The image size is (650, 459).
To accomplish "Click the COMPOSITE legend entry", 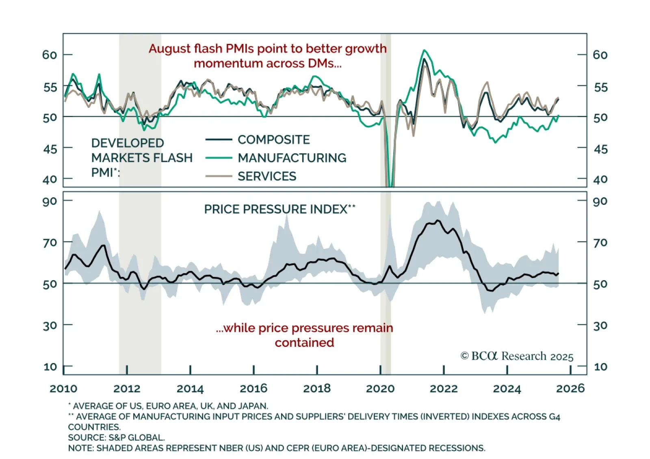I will (273, 140).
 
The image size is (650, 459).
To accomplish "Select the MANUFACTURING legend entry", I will (292, 158).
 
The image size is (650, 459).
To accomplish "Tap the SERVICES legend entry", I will (267, 176).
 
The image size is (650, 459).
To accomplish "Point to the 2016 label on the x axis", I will (253, 389).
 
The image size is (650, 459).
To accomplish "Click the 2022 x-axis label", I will (444, 389).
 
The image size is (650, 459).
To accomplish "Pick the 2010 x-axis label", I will (63, 389).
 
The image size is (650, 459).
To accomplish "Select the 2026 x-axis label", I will (570, 389).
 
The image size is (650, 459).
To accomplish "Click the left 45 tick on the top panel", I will (50, 149).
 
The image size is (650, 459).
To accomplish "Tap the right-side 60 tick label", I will (600, 55).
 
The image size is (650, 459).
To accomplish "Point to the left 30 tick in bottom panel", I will (50, 326).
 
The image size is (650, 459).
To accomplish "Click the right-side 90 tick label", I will (600, 201).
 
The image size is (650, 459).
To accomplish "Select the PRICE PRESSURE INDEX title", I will (279, 209).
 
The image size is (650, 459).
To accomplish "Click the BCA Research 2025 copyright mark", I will (517, 356).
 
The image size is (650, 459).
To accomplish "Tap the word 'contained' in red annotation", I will (304, 343).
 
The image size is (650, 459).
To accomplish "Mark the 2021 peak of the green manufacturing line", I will (424, 50).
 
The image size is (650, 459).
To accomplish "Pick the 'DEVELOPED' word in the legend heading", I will (128, 143).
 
